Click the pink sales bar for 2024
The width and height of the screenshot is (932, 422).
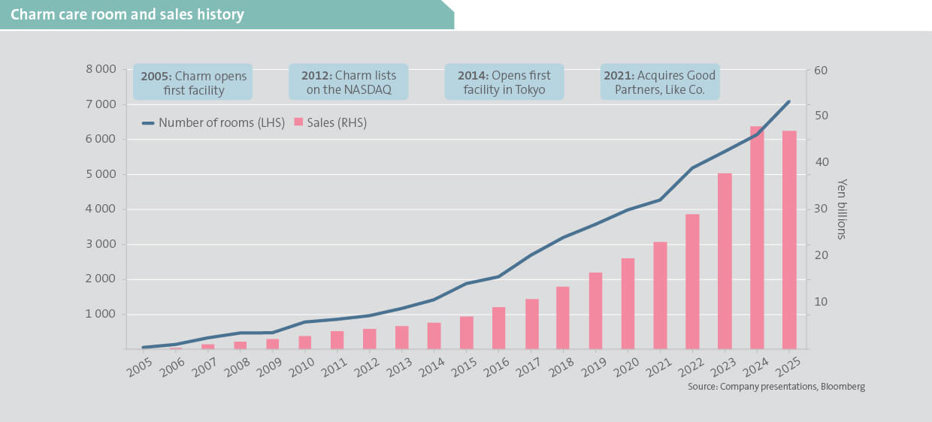pos(756,237)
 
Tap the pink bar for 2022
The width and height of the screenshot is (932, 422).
pos(692,282)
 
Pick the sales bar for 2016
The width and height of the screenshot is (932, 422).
pos(498,328)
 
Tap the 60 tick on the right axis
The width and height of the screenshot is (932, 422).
pos(820,70)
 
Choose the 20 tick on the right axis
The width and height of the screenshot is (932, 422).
pos(820,255)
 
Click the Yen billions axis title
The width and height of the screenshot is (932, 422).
pos(842,209)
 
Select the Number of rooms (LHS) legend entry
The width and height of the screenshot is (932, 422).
pos(213,123)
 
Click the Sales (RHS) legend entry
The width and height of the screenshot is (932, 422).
pos(331,123)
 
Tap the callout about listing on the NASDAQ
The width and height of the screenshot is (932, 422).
pos(348,83)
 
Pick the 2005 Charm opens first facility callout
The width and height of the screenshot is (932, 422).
pos(193,83)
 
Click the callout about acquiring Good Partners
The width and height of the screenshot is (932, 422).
pos(659,83)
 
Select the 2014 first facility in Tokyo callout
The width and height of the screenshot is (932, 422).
pos(504,83)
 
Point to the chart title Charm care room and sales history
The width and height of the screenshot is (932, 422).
pos(127,15)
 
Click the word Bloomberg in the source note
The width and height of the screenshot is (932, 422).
pos(842,387)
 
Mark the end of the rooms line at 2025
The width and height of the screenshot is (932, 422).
pos(788,101)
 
